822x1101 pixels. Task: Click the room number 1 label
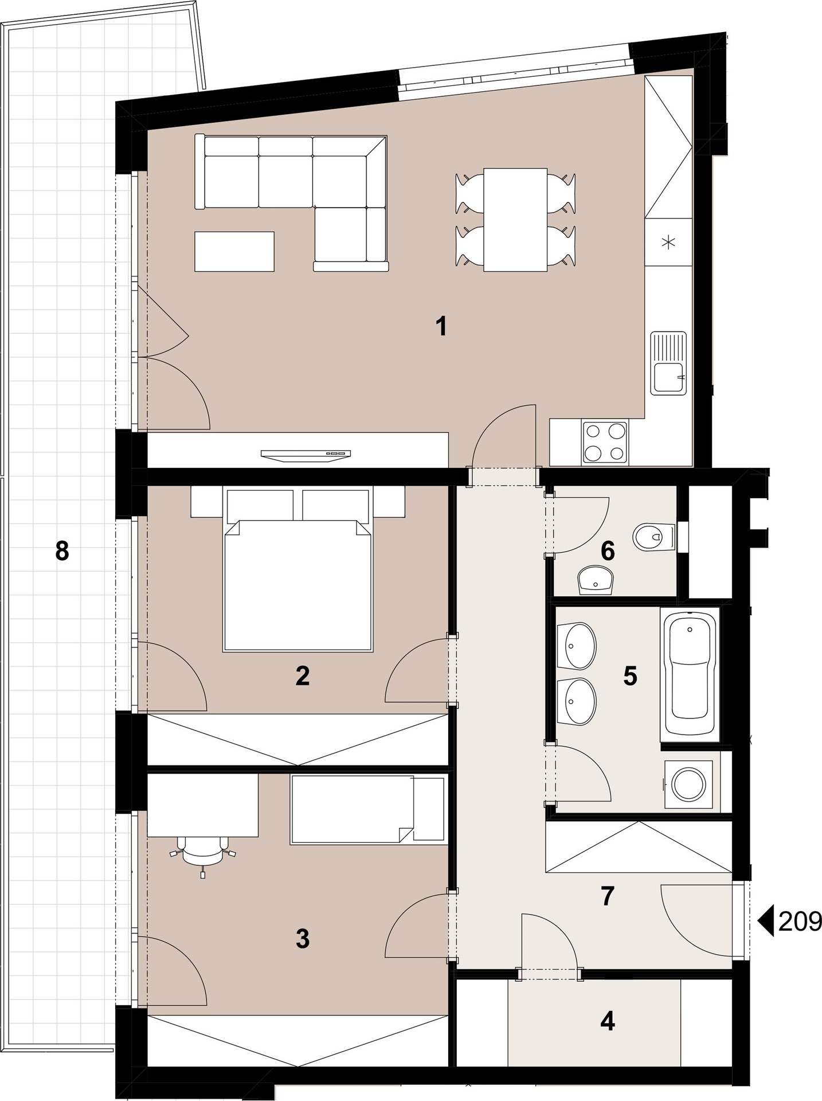(441, 326)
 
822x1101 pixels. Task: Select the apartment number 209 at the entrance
(800, 922)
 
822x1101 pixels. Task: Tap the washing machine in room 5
(688, 784)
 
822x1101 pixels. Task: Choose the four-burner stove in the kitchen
(605, 442)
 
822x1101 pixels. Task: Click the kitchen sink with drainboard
(668, 363)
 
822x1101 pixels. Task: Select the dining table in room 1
(515, 220)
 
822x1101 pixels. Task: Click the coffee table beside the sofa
(234, 251)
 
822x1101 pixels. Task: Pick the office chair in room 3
(203, 854)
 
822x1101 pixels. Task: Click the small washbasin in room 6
(596, 580)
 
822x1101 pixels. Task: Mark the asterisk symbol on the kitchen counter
(668, 242)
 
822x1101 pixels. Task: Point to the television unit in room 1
(306, 454)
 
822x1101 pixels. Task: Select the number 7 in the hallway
(608, 896)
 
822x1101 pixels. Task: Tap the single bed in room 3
(367, 809)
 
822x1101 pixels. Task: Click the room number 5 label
(630, 676)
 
